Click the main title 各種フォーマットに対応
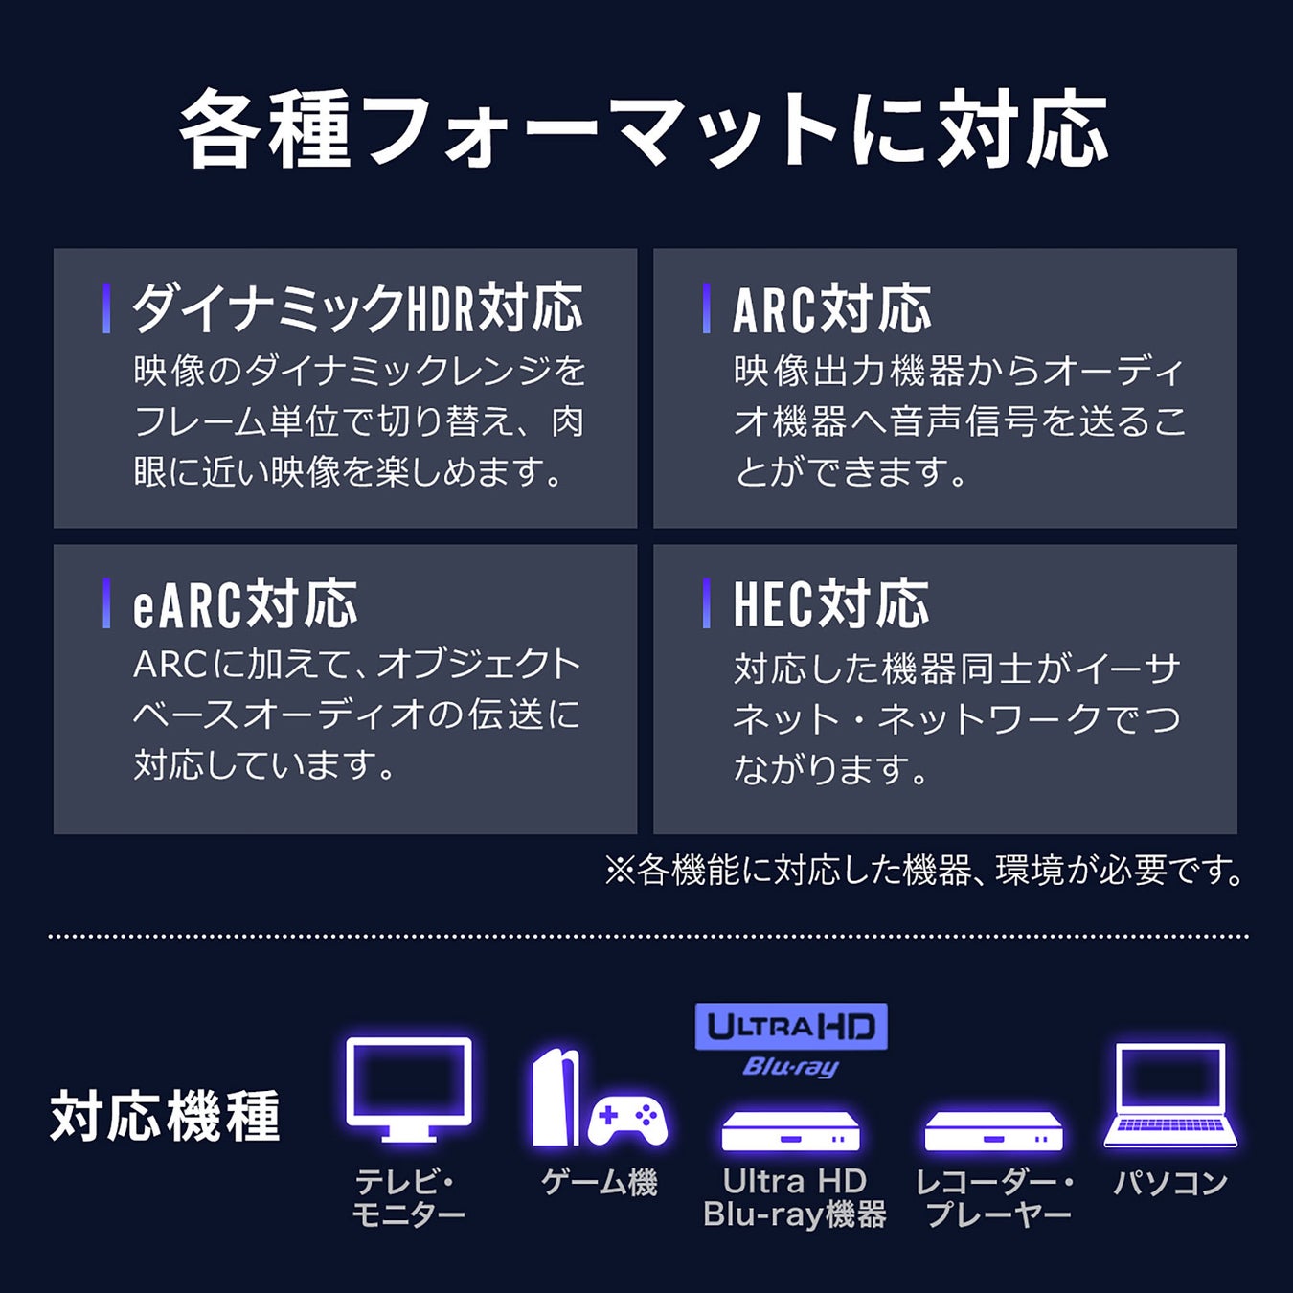tap(645, 129)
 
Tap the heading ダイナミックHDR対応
tap(357, 308)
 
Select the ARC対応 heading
tap(831, 309)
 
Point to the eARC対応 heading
tap(245, 604)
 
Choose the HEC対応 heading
tap(830, 604)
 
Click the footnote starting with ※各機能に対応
tap(925, 871)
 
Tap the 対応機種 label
tap(165, 1116)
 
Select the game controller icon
tap(627, 1122)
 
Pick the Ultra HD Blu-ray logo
tap(791, 1039)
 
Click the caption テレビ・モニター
tap(408, 1198)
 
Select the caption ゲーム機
tap(600, 1183)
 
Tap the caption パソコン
tap(1170, 1183)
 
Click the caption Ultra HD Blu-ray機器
tap(794, 1198)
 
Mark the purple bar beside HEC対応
tap(706, 603)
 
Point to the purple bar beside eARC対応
tap(106, 603)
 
